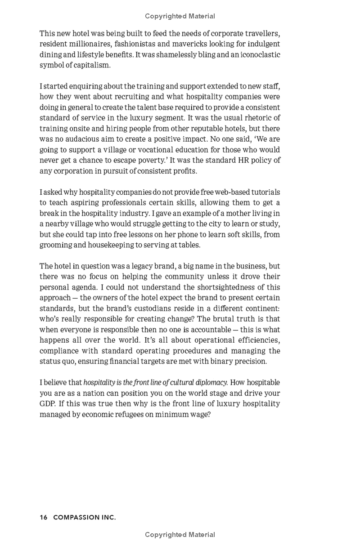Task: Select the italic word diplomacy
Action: click(209, 383)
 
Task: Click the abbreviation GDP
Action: click(48, 404)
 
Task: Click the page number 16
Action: click(44, 518)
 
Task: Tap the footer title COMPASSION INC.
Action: click(85, 518)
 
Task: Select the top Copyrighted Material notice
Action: click(180, 16)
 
